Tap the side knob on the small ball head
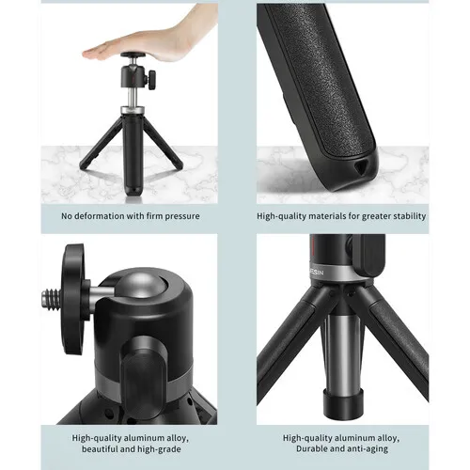tap(152, 79)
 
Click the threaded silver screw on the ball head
tap(50, 300)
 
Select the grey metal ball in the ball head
tap(141, 287)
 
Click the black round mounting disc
tap(74, 299)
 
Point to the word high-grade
tap(161, 449)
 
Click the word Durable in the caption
tap(311, 448)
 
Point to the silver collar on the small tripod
tap(133, 110)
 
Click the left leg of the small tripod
tap(101, 143)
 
